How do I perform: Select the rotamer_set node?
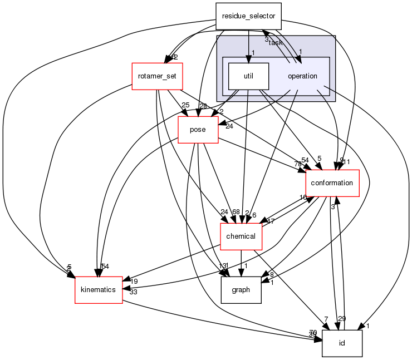coord(157,76)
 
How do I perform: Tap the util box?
coord(249,76)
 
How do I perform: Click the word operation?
coord(302,76)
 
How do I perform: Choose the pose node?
coord(198,130)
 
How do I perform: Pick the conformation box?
coord(332,183)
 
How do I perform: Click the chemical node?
coord(241,236)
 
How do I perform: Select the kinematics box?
coord(99,289)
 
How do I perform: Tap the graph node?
coord(241,289)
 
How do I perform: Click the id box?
coord(342,343)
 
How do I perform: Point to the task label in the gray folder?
coord(276,42)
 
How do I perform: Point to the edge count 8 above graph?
coord(271,274)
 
